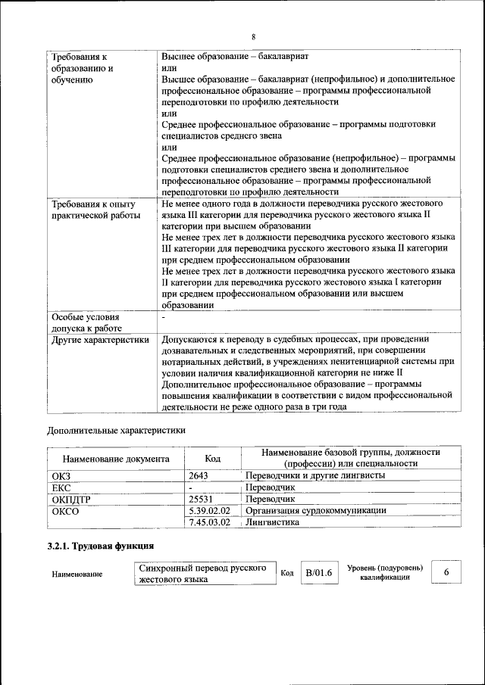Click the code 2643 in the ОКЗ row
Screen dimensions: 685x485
(199, 475)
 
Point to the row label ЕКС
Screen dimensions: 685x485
(61, 487)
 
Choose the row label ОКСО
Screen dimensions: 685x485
(66, 511)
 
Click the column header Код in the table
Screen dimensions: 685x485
(213, 458)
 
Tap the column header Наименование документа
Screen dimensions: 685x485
(116, 459)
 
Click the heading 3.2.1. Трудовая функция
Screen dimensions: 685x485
(101, 546)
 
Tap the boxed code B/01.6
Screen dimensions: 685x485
(319, 572)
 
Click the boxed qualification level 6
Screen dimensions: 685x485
(446, 572)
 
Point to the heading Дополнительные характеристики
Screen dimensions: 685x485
(116, 431)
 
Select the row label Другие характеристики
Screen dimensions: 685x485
(99, 340)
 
